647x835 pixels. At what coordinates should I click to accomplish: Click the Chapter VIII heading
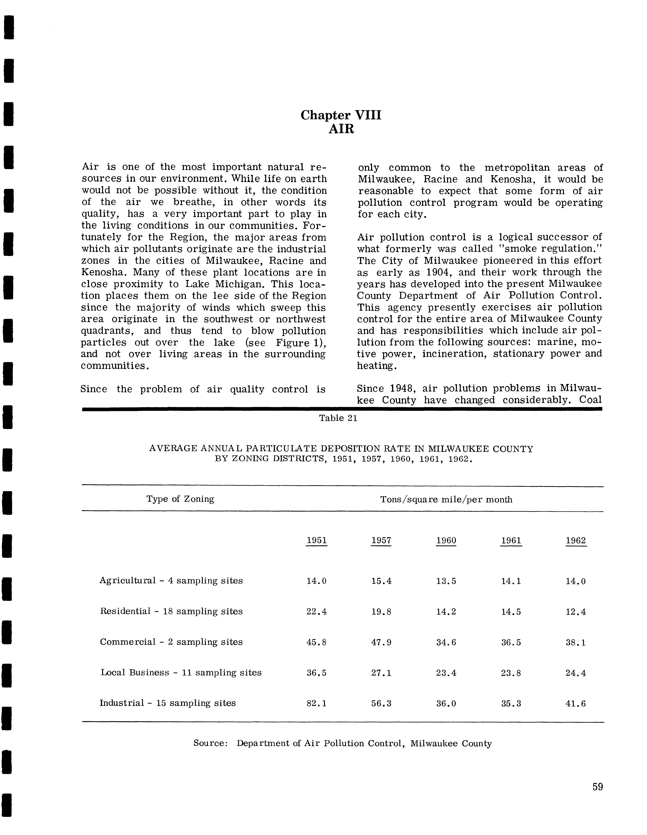tap(341, 115)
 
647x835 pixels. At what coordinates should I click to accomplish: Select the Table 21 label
tap(338, 418)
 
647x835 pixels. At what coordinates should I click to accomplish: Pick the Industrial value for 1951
tap(317, 703)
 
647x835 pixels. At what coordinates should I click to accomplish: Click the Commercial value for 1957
tap(381, 642)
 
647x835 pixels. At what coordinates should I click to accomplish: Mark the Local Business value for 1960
tap(446, 673)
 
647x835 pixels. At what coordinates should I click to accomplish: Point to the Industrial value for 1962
tap(576, 703)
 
